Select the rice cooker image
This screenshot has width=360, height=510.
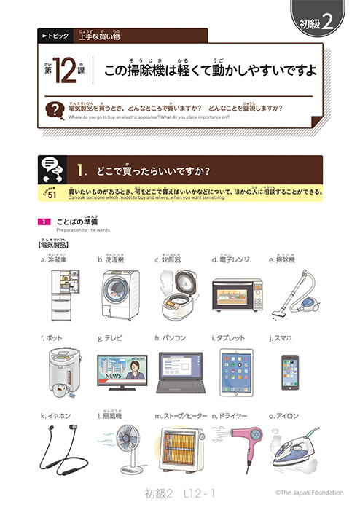tap(178, 293)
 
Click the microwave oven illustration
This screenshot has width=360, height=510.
tap(235, 296)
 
